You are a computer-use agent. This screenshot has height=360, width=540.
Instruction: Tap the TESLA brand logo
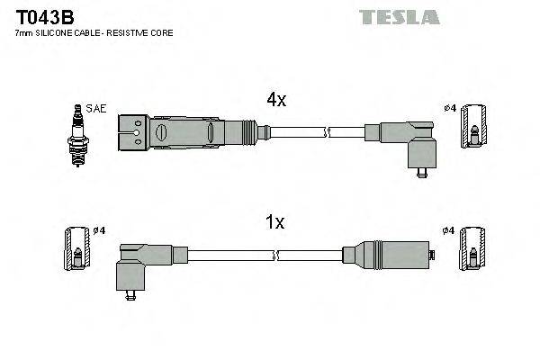pos(400,16)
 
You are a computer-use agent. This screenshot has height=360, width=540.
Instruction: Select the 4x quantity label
pos(275,101)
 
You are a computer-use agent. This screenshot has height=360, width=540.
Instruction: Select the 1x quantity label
pos(275,222)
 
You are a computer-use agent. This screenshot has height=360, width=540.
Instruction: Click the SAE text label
pos(97,109)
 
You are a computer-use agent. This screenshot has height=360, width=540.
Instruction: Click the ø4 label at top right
pos(450,109)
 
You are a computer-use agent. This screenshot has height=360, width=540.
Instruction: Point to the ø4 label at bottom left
pos(99,230)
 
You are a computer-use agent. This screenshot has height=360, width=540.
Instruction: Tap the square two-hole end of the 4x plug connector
pos(131,132)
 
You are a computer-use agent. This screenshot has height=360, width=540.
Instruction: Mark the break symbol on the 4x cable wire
pos(328,133)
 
